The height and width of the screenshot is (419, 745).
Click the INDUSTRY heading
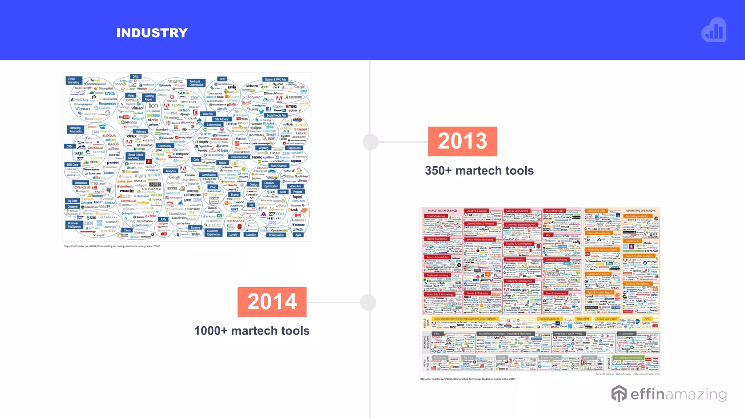coord(152,33)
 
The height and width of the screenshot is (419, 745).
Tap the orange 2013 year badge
coord(462,141)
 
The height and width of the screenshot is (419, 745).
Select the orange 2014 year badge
coord(272,302)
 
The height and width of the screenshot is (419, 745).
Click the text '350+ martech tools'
coord(479,171)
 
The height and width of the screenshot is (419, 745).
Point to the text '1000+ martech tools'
coord(252,331)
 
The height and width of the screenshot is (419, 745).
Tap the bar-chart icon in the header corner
coord(714,31)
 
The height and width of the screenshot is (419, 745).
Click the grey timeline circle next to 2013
coord(371,142)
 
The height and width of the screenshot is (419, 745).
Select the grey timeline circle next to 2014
coord(368,302)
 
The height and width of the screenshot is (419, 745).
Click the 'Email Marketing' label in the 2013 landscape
coord(73,81)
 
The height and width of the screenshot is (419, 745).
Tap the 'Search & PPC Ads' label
coord(275,79)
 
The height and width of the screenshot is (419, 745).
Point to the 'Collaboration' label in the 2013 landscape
coord(276,235)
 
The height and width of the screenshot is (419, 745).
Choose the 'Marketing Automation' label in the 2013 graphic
coord(75,129)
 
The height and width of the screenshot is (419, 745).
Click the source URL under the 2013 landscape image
coord(112,246)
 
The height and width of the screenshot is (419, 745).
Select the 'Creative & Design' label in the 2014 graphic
coord(477,211)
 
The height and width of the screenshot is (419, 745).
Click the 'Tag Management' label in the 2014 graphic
coord(549,319)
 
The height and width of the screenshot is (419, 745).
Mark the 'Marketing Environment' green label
coord(628,358)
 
